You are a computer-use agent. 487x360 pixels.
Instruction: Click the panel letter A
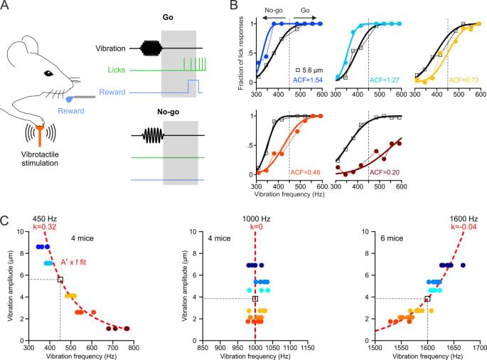(x=6, y=6)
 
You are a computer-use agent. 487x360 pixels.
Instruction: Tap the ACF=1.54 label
(x=308, y=81)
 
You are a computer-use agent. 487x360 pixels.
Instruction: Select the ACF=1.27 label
(x=385, y=81)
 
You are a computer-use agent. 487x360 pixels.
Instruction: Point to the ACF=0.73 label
(x=464, y=81)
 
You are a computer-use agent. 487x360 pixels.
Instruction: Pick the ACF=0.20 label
(x=385, y=171)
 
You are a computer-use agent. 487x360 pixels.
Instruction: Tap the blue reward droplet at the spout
(x=70, y=100)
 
